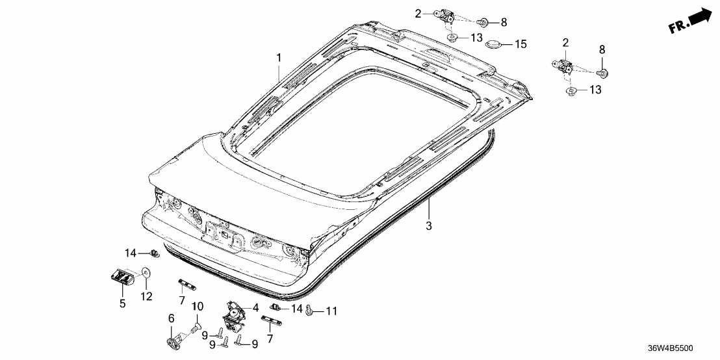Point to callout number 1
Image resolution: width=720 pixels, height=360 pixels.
pos(279,58)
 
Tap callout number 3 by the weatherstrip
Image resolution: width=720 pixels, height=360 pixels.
pos(429,226)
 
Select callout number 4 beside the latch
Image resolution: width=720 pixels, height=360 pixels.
pos(255,307)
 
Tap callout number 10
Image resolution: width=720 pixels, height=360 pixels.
pos(198,306)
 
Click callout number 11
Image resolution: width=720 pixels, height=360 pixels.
pos(331,312)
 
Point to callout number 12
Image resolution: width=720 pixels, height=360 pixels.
pos(146,297)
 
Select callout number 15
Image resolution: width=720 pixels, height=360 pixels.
pos(521,44)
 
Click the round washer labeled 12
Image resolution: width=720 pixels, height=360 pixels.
pos(146,273)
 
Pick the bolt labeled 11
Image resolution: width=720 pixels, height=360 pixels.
pos(311,312)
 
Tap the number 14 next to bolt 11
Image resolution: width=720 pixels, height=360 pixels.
pos(297,309)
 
